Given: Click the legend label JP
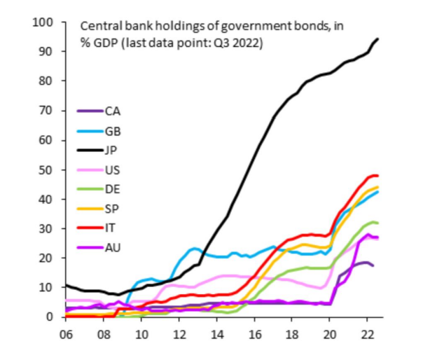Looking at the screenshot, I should [x=112, y=150].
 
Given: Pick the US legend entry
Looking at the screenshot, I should [x=112, y=169].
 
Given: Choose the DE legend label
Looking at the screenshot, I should [x=112, y=188].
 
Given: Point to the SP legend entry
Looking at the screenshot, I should [x=112, y=208].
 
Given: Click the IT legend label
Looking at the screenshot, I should [x=111, y=227].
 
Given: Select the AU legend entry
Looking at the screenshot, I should [x=112, y=247].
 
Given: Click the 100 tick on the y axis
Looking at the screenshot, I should [x=43, y=22].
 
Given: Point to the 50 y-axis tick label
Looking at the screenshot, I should [x=46, y=169].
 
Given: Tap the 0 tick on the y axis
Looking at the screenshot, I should [x=50, y=317].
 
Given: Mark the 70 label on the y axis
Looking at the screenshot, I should [x=46, y=111].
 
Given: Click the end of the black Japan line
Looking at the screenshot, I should [x=378, y=39].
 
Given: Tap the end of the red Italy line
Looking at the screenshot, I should [x=378, y=175].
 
